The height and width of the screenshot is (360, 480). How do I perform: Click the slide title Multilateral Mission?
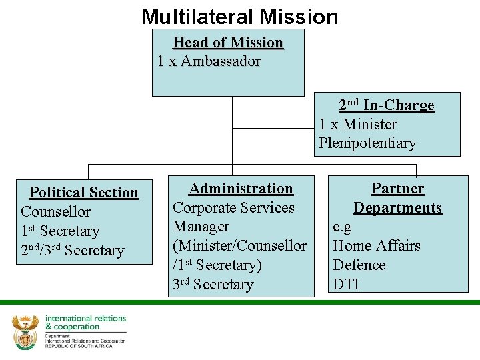[x=239, y=16]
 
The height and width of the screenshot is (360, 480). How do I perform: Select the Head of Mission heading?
[x=228, y=43]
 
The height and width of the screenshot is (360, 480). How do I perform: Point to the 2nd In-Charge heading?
[x=387, y=105]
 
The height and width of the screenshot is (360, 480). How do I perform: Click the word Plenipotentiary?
[x=367, y=143]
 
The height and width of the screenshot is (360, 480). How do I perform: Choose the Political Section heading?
[x=84, y=193]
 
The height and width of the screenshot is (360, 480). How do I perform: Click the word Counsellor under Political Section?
[x=56, y=212]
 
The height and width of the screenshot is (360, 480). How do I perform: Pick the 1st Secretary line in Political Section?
[x=60, y=231]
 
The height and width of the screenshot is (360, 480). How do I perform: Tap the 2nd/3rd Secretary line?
[x=73, y=251]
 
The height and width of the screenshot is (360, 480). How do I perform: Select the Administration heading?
[x=241, y=189]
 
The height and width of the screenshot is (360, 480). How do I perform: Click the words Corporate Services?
[x=233, y=208]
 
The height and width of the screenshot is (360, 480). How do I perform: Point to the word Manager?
[x=201, y=227]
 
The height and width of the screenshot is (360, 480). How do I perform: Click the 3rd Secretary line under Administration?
[x=213, y=285]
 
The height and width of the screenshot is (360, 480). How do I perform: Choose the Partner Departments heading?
[x=397, y=198]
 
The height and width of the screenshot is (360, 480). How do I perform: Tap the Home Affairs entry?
[x=377, y=246]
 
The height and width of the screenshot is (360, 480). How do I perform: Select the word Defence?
[x=359, y=265]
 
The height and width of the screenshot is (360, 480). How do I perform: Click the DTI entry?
[x=346, y=285]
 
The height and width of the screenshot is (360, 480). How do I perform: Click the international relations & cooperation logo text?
[x=85, y=323]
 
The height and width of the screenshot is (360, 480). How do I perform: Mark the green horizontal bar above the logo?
[x=240, y=302]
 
